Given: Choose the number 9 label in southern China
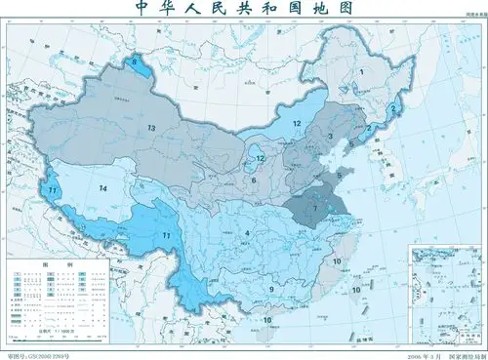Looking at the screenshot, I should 270,290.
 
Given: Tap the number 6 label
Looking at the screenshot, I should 253,180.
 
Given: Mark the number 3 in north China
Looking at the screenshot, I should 331,137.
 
